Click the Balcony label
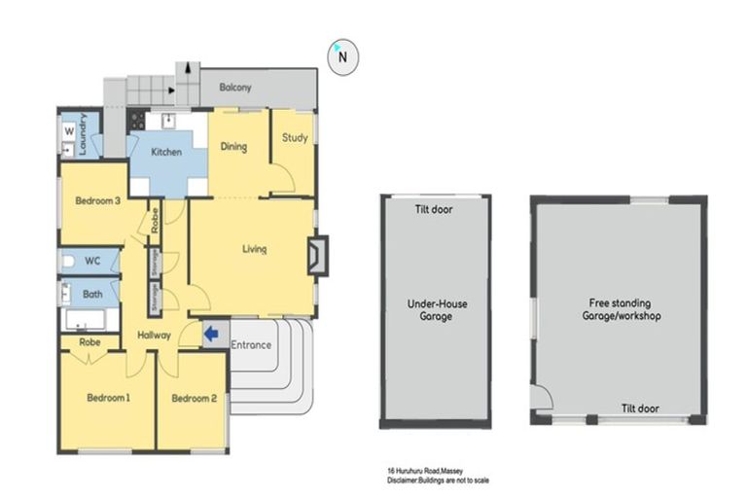click(234, 88)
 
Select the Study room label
click(295, 138)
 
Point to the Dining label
click(233, 148)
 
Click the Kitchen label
click(166, 153)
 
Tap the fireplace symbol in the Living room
click(316, 255)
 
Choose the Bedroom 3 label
click(97, 201)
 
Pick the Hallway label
click(154, 336)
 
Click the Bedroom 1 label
click(108, 398)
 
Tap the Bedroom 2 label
click(193, 398)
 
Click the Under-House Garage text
click(436, 310)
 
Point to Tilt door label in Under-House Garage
click(434, 209)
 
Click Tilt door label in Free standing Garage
click(638, 409)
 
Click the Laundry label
click(85, 135)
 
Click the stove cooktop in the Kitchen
click(137, 122)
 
